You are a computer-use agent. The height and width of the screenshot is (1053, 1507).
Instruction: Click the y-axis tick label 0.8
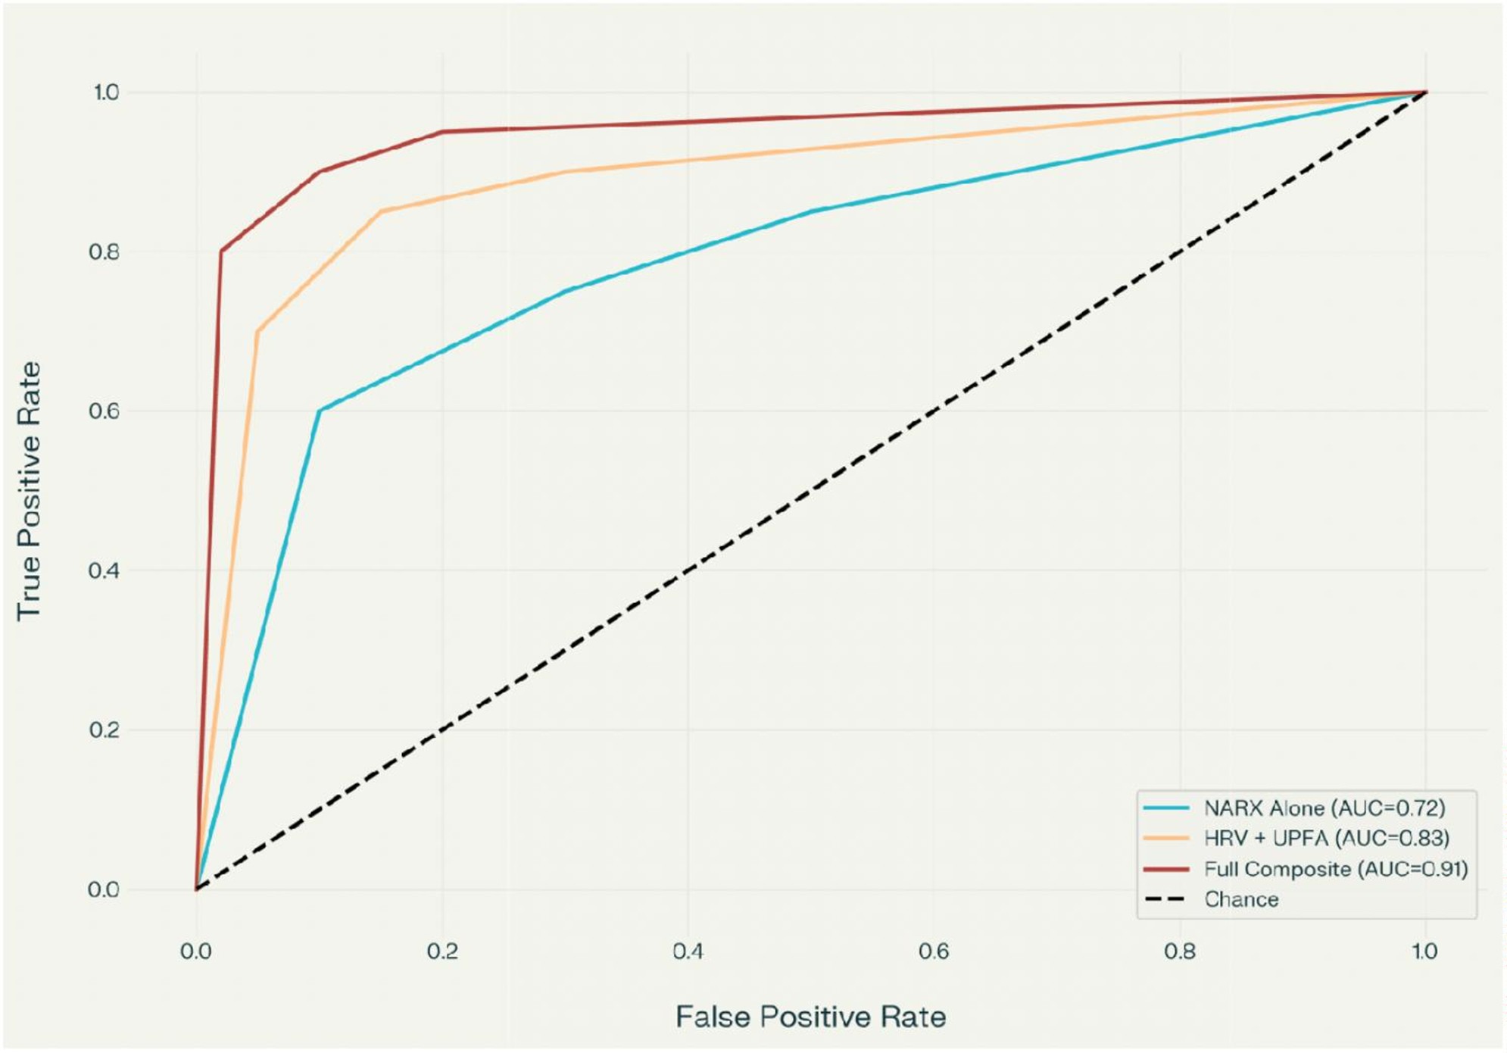[x=104, y=252]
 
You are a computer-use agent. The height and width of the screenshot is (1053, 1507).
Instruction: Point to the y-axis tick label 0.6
[x=104, y=411]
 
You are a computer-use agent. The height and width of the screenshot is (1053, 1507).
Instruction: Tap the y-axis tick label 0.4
[x=104, y=570]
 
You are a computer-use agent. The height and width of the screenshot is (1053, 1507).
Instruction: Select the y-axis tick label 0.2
[x=104, y=730]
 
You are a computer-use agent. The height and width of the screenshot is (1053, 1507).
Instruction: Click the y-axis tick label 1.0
[x=105, y=92]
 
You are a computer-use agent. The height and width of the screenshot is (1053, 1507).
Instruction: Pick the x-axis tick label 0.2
[x=442, y=951]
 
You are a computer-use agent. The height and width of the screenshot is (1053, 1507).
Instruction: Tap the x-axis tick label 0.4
[x=688, y=951]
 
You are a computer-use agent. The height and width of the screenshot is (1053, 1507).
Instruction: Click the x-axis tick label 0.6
[x=934, y=951]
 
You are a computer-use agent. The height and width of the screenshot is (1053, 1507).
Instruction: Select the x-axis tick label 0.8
[x=1180, y=951]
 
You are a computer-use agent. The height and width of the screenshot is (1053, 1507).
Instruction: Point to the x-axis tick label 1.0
[x=1424, y=951]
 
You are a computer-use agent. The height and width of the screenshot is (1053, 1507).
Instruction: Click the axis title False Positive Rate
[x=810, y=1017]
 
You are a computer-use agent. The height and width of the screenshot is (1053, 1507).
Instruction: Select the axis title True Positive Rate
[x=29, y=491]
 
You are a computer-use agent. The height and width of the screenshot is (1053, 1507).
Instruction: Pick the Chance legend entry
[x=1241, y=899]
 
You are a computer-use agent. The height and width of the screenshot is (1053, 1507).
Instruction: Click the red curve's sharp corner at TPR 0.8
[x=221, y=252]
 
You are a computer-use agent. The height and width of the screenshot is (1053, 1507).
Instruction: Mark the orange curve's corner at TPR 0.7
[x=257, y=331]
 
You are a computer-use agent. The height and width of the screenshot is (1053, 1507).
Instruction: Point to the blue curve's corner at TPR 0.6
[x=320, y=411]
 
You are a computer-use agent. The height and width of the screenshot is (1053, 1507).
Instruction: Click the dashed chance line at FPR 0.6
[x=934, y=411]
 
